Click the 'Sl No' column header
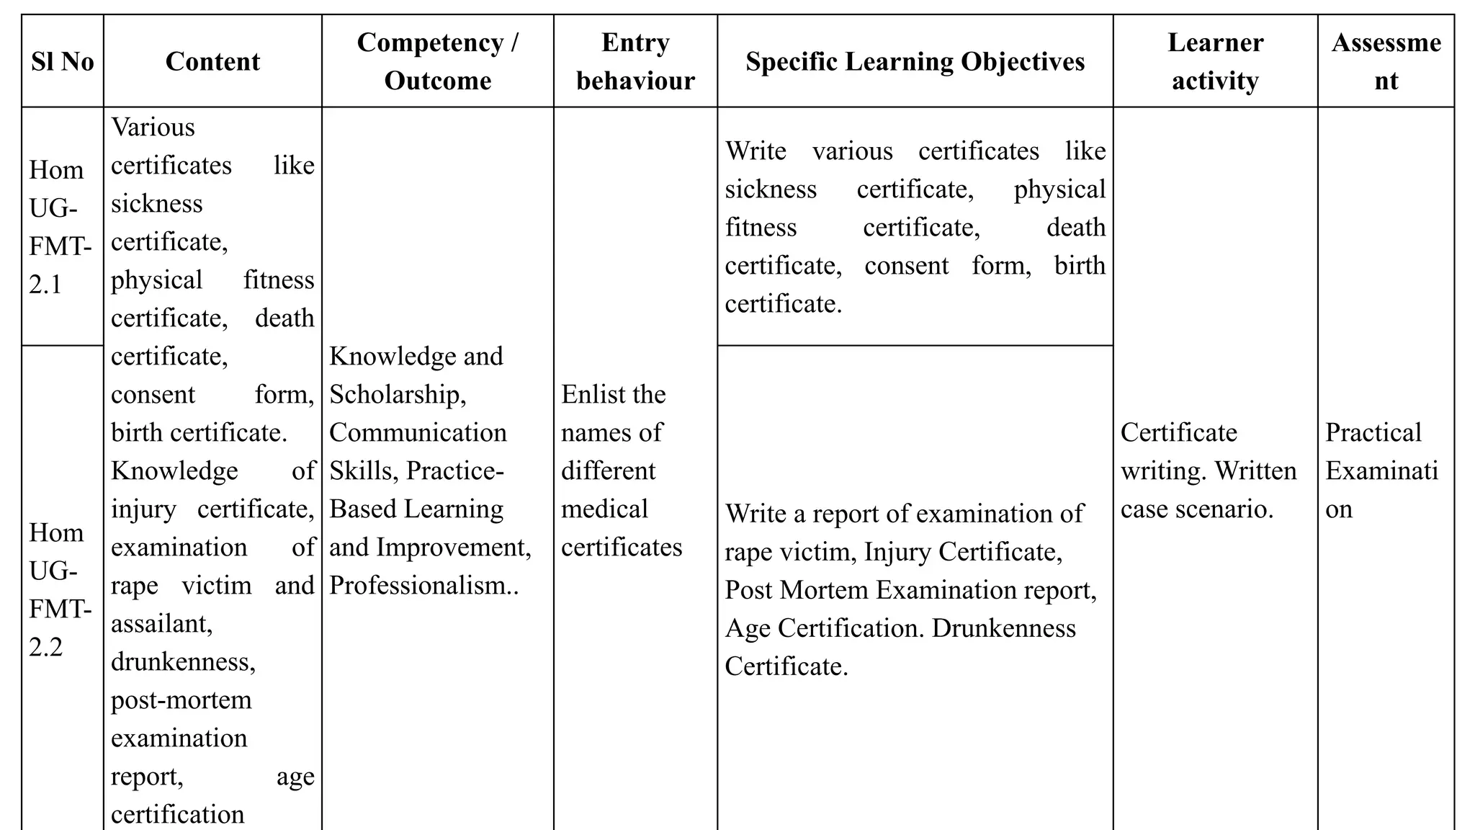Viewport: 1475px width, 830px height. [x=63, y=62]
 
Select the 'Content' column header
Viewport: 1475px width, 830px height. [x=212, y=62]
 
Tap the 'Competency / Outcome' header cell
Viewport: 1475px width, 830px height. [x=437, y=62]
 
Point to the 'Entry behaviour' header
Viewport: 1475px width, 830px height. [x=635, y=62]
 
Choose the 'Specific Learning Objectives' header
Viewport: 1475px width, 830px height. [x=915, y=62]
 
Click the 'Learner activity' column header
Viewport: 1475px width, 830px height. [x=1215, y=62]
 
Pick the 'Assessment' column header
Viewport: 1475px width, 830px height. [x=1386, y=62]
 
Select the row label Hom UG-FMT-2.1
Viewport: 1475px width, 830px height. [x=60, y=228]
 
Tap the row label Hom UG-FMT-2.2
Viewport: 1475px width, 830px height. [x=60, y=589]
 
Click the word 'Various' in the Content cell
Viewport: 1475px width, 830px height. [x=153, y=128]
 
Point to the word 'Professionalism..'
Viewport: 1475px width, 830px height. [x=423, y=586]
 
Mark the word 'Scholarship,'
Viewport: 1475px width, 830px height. [x=398, y=395]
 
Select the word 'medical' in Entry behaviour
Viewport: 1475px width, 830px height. [x=604, y=509]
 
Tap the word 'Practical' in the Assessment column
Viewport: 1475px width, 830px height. [x=1373, y=433]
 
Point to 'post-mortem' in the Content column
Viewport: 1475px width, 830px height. [x=181, y=700]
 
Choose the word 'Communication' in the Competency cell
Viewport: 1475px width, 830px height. [x=418, y=433]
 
